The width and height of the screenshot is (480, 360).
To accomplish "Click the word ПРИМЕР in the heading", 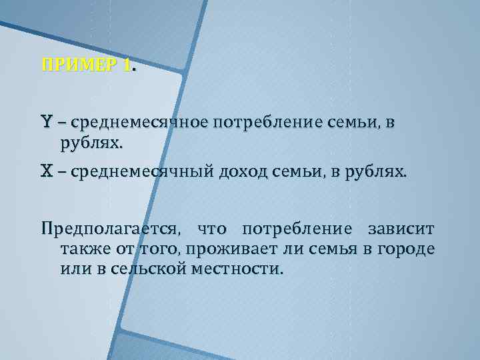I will coord(81,65).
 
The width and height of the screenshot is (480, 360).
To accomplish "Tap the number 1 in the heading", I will coord(127,65).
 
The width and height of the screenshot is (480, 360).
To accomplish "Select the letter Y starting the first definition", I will coord(46,123).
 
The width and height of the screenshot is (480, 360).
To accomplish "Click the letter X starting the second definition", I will coord(46,172).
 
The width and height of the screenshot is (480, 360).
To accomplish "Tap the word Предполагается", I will coord(110,231).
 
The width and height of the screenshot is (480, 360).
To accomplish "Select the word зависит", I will coord(402,230).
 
